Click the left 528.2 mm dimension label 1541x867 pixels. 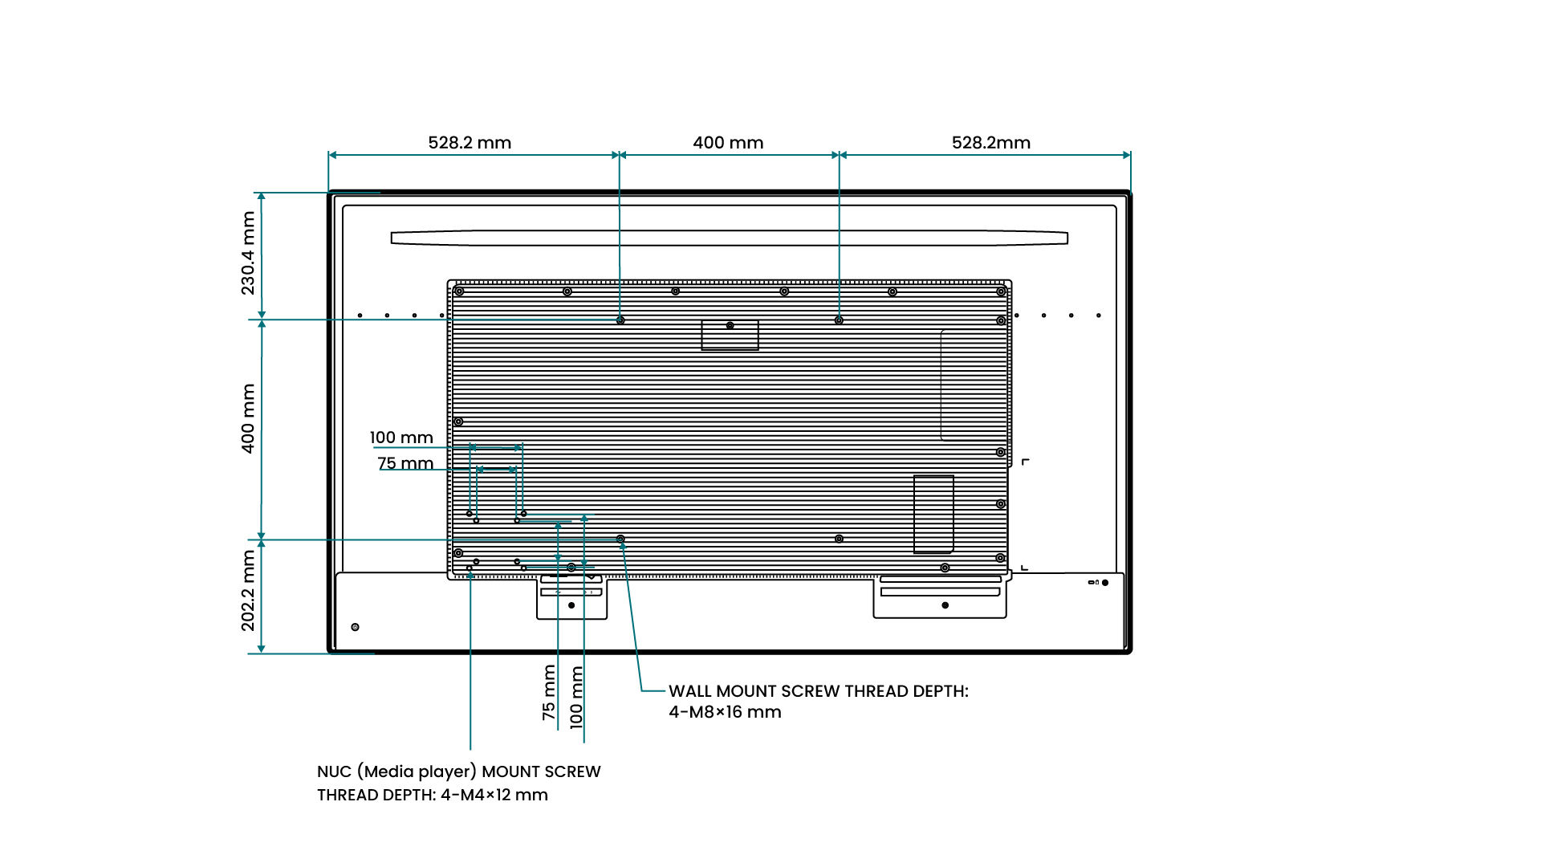pyautogui.click(x=470, y=143)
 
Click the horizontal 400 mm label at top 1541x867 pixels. pyautogui.click(x=728, y=143)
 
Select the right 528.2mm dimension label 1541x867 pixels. pyautogui.click(x=990, y=143)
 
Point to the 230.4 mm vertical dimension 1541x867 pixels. pyautogui.click(x=249, y=253)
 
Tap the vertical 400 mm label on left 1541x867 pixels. pyautogui.click(x=249, y=418)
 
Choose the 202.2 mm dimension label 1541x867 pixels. pyautogui.click(x=249, y=590)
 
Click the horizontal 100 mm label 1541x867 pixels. pyautogui.click(x=401, y=438)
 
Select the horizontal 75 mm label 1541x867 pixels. pyautogui.click(x=405, y=463)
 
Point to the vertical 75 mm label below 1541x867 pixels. pyautogui.click(x=549, y=692)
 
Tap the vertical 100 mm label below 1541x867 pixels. pyautogui.click(x=576, y=697)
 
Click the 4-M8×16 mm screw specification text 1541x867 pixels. pyautogui.click(x=725, y=712)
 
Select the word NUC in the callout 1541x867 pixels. pyautogui.click(x=334, y=771)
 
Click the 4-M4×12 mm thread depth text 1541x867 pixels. pyautogui.click(x=494, y=795)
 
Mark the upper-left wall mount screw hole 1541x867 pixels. pyautogui.click(x=620, y=320)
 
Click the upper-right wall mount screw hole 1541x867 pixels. pyautogui.click(x=839, y=320)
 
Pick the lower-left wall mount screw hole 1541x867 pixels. pyautogui.click(x=620, y=539)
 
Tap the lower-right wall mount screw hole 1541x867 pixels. pyautogui.click(x=839, y=539)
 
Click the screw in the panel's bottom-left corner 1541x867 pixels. pyautogui.click(x=356, y=627)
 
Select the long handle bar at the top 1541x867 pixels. pyautogui.click(x=729, y=238)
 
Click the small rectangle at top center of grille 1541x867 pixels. pyautogui.click(x=730, y=335)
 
